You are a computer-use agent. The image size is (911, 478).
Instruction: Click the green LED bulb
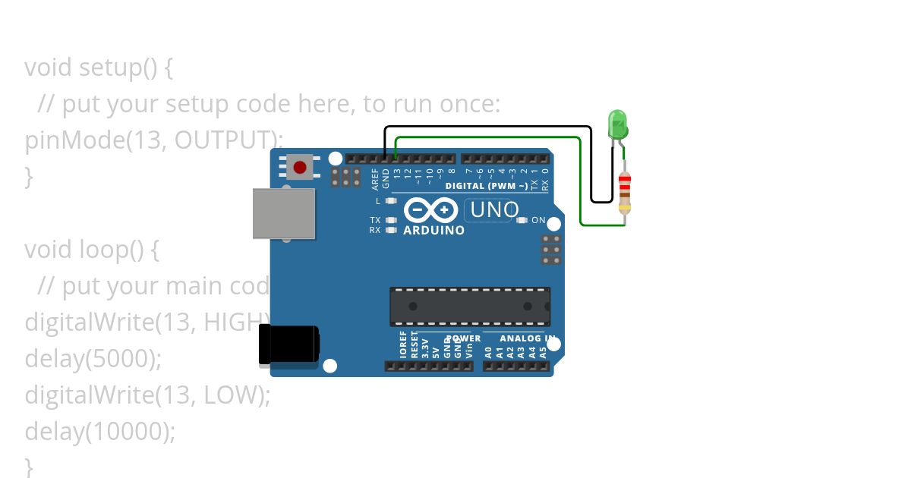[x=617, y=124]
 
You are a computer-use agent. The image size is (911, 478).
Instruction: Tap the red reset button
[x=300, y=167]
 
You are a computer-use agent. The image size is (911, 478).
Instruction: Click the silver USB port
[x=284, y=213]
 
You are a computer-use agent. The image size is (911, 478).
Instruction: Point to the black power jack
[x=288, y=344]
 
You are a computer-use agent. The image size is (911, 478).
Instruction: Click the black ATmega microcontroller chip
[x=470, y=307]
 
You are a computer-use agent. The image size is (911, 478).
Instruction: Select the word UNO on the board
[x=495, y=210]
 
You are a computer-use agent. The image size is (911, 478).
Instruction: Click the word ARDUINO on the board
[x=433, y=230]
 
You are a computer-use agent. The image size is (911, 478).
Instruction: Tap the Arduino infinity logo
[x=430, y=209]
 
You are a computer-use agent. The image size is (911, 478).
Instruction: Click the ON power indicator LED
[x=522, y=220]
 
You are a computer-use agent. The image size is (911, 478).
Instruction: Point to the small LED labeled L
[x=392, y=201]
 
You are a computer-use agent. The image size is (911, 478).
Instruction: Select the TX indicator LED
[x=392, y=220]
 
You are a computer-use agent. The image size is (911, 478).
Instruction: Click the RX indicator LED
[x=392, y=229]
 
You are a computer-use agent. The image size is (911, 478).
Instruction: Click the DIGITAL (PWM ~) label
[x=486, y=186]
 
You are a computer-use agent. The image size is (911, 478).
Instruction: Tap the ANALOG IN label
[x=527, y=338]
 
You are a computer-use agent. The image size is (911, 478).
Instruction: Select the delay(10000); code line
[x=100, y=431]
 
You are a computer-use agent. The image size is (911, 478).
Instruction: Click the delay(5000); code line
[x=93, y=358]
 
